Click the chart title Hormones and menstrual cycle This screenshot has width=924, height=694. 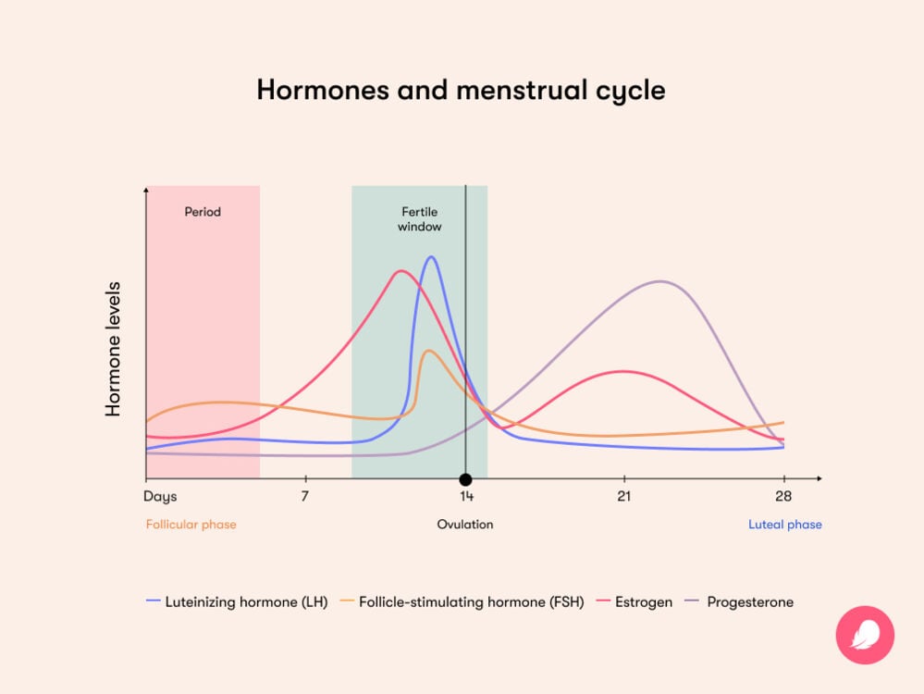461,91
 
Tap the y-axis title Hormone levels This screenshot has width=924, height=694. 114,349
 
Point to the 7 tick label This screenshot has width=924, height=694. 304,497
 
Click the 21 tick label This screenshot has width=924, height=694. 624,497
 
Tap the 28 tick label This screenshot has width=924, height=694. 784,497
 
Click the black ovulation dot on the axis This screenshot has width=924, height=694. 465,479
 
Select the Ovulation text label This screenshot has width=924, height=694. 465,525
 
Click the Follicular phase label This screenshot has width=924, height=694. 191,525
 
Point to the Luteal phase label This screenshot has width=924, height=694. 784,525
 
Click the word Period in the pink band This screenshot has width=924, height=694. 203,212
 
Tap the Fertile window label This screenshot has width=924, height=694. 420,219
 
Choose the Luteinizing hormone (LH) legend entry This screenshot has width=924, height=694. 237,601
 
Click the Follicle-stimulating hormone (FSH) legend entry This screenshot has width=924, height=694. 462,601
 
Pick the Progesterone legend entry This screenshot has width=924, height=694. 740,601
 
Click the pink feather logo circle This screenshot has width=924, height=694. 865,635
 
